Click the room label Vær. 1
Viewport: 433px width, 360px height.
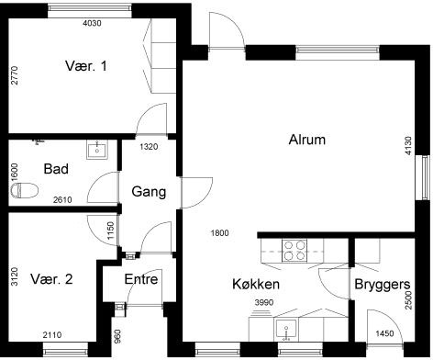[86, 66]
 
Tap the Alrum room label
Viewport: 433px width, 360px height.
[307, 140]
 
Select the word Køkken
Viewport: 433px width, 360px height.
[256, 284]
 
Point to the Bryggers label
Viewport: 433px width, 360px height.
[383, 285]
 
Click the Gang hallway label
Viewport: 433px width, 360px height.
[149, 192]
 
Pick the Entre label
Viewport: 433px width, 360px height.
[141, 279]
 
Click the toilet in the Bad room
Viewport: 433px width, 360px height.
[24, 190]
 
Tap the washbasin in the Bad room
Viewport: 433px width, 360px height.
[97, 150]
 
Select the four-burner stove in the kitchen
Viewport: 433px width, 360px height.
[294, 251]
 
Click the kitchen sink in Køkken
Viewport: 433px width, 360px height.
[286, 331]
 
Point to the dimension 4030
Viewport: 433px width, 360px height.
[92, 23]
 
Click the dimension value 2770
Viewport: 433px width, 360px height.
[15, 75]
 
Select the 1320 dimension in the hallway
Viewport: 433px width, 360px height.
[149, 147]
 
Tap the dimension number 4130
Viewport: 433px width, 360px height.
[408, 146]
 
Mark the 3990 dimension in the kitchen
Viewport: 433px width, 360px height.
[264, 303]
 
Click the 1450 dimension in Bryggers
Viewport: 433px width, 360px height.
[384, 333]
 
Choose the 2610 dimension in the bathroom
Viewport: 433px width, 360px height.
[62, 200]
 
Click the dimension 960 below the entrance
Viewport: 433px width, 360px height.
[117, 336]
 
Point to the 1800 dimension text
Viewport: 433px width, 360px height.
[219, 233]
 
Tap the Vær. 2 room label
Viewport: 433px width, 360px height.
[51, 279]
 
